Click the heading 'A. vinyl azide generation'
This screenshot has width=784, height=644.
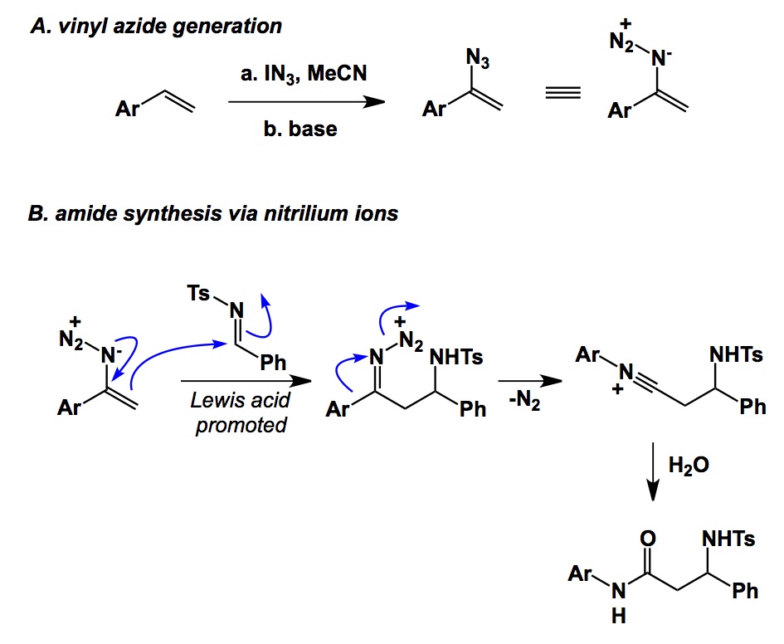(155, 26)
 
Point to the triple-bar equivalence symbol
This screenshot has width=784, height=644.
(561, 104)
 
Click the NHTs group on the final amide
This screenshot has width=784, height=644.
(728, 539)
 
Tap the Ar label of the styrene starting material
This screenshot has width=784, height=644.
(125, 109)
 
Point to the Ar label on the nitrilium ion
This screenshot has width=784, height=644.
(587, 356)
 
